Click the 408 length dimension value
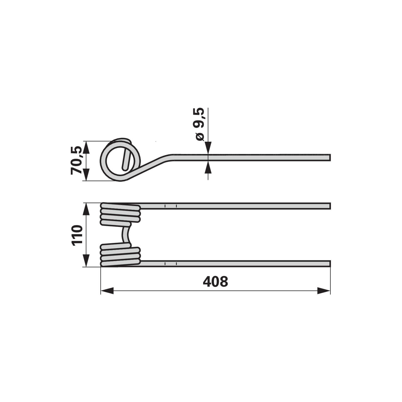(215, 282)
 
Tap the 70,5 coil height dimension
(76, 160)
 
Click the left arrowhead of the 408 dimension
(107, 291)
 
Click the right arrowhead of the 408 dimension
(324, 291)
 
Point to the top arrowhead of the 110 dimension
(86, 209)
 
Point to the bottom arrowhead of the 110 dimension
(86, 261)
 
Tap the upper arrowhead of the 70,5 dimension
(86, 147)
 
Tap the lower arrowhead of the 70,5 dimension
(86, 175)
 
